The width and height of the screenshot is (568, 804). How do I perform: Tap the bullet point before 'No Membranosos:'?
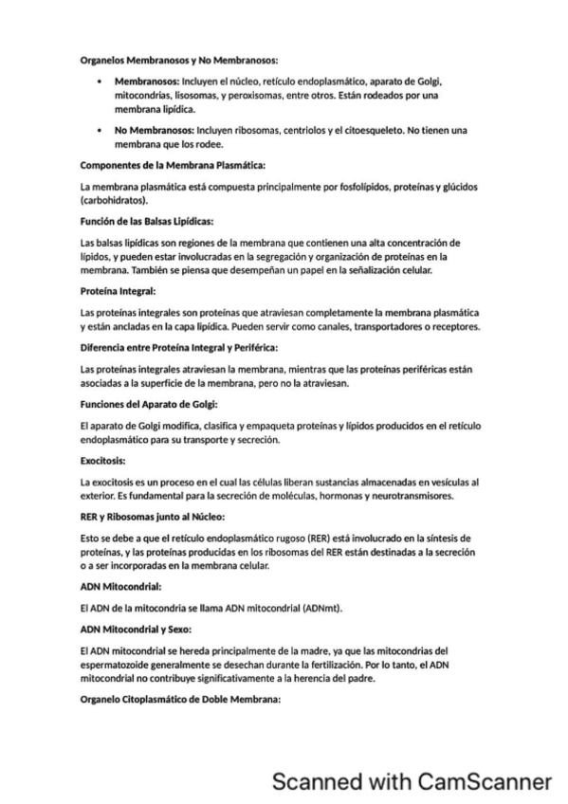tap(101, 129)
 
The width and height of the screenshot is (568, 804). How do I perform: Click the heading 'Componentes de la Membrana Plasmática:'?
tap(173, 165)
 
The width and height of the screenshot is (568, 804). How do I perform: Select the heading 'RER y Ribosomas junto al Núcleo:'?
tap(153, 517)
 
